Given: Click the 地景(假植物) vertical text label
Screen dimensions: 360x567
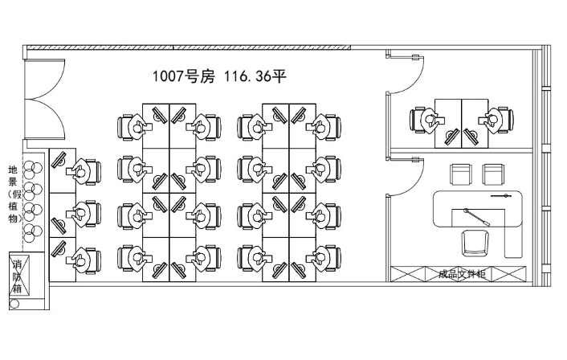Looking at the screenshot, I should point(13,200).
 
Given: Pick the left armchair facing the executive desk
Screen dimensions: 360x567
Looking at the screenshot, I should point(460,174).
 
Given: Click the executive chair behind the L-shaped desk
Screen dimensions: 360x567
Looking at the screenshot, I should point(474,242).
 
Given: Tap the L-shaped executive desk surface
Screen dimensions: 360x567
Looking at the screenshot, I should point(482,211).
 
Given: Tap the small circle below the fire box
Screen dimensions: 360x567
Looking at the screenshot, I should point(14,305).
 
